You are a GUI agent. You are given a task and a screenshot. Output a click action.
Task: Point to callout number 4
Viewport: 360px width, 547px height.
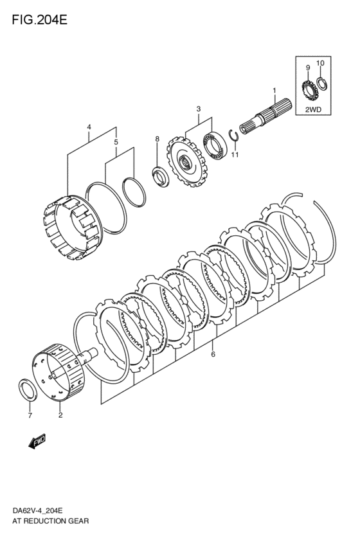point(89,127)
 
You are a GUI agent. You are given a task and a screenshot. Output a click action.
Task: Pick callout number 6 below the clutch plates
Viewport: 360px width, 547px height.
point(213,353)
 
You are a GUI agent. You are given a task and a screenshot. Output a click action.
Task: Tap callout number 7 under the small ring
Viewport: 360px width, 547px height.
point(29,417)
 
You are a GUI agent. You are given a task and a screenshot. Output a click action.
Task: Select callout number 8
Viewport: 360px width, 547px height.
point(156,139)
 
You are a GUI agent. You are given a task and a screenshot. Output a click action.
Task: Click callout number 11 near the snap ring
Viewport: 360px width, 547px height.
point(235,155)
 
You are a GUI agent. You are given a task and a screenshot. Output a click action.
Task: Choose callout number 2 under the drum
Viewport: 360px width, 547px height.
point(60,415)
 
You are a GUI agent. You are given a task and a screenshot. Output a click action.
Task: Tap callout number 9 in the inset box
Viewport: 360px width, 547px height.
point(307,67)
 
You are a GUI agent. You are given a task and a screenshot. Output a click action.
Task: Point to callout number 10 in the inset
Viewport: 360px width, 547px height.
point(321,63)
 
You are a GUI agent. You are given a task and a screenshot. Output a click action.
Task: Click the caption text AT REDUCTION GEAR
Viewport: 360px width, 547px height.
point(50,521)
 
